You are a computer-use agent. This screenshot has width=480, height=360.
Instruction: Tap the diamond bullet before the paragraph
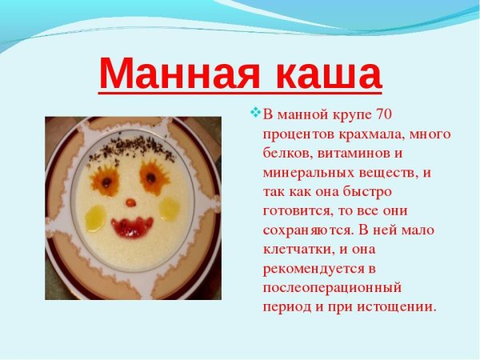[256, 112]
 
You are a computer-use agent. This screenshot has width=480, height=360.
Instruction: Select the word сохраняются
[306, 230]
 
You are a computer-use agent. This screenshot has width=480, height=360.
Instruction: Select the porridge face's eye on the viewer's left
[105, 180]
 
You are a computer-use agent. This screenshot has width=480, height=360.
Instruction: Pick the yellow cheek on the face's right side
[170, 208]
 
